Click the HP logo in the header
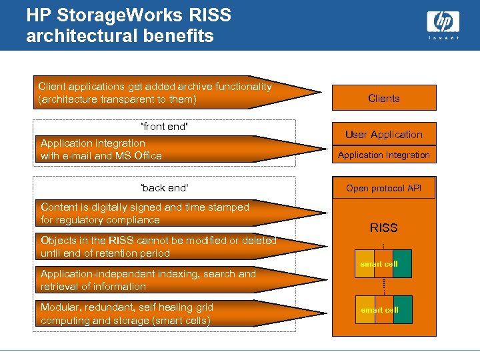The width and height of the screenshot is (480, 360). pyautogui.click(x=443, y=23)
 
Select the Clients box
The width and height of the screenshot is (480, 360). pyautogui.click(x=384, y=98)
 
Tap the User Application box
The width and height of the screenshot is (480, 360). pyautogui.click(x=384, y=134)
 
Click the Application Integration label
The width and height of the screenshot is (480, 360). pyautogui.click(x=384, y=155)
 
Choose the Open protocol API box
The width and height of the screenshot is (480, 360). pyautogui.click(x=384, y=188)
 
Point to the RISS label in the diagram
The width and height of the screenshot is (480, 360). pyautogui.click(x=384, y=228)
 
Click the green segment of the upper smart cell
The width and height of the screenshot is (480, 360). pyautogui.click(x=403, y=264)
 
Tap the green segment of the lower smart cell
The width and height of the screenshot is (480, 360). pyautogui.click(x=403, y=310)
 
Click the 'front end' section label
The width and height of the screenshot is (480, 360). pyautogui.click(x=164, y=127)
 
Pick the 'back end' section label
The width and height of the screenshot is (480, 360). pyautogui.click(x=164, y=188)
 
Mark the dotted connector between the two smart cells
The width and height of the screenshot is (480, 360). pyautogui.click(x=384, y=287)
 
